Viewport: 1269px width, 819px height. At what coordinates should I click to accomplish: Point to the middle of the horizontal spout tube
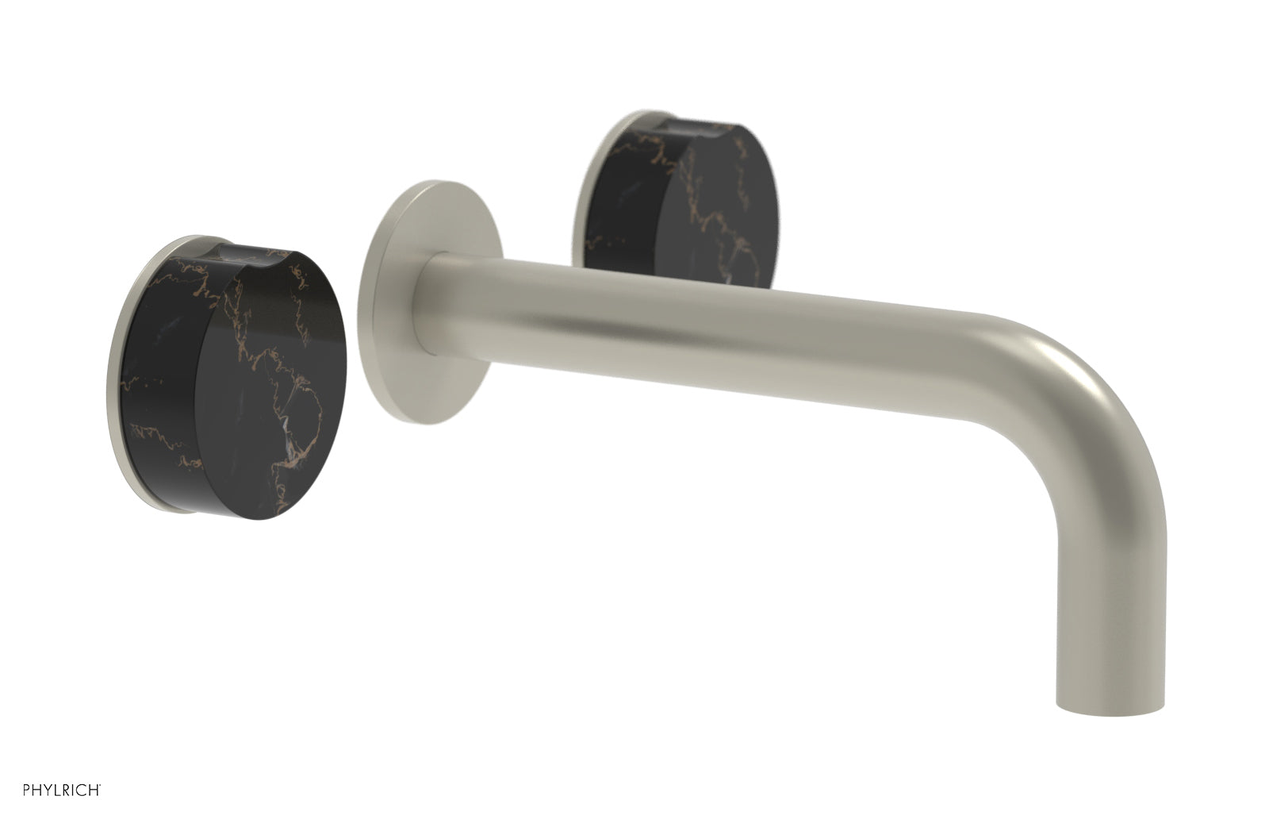pos(714,333)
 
